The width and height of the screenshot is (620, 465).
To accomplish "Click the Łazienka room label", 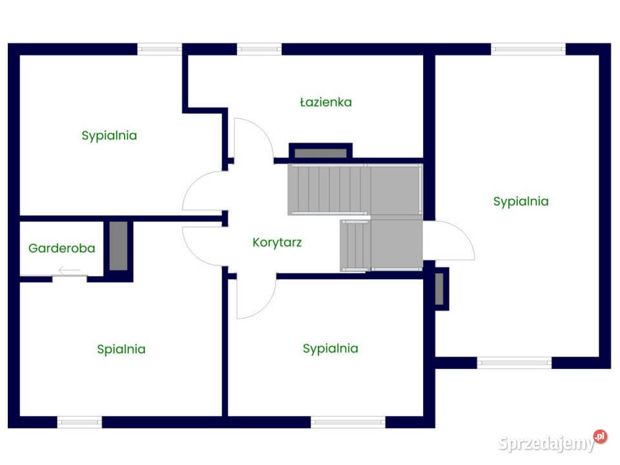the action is click(325, 102).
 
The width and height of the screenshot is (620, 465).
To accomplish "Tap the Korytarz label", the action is click(277, 242).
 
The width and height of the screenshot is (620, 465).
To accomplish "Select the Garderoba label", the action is click(62, 248).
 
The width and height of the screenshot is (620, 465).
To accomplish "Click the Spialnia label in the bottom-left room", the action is click(121, 349).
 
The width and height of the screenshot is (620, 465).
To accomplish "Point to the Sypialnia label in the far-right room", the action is click(521, 201).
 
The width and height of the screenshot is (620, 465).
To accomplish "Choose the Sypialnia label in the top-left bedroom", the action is click(109, 136).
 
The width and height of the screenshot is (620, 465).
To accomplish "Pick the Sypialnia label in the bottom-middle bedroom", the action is click(331, 349).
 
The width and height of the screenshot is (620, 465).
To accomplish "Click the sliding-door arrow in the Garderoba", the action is click(70, 271).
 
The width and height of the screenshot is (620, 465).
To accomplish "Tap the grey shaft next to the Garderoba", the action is click(118, 246).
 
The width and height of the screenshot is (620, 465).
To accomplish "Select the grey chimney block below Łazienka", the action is click(321, 154).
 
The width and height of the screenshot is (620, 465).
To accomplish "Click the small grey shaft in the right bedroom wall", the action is click(439, 289).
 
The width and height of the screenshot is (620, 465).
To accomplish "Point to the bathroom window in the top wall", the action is click(259, 49).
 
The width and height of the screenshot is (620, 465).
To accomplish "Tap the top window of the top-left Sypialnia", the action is click(160, 49).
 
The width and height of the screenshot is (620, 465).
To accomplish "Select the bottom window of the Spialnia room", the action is click(79, 422).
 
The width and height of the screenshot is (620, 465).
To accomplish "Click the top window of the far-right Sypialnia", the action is click(528, 49).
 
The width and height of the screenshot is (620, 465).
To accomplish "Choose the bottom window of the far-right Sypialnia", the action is click(514, 362).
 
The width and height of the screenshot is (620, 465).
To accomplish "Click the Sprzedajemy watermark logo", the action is click(552, 442).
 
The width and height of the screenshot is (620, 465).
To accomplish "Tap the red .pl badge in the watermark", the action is click(600, 437).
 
